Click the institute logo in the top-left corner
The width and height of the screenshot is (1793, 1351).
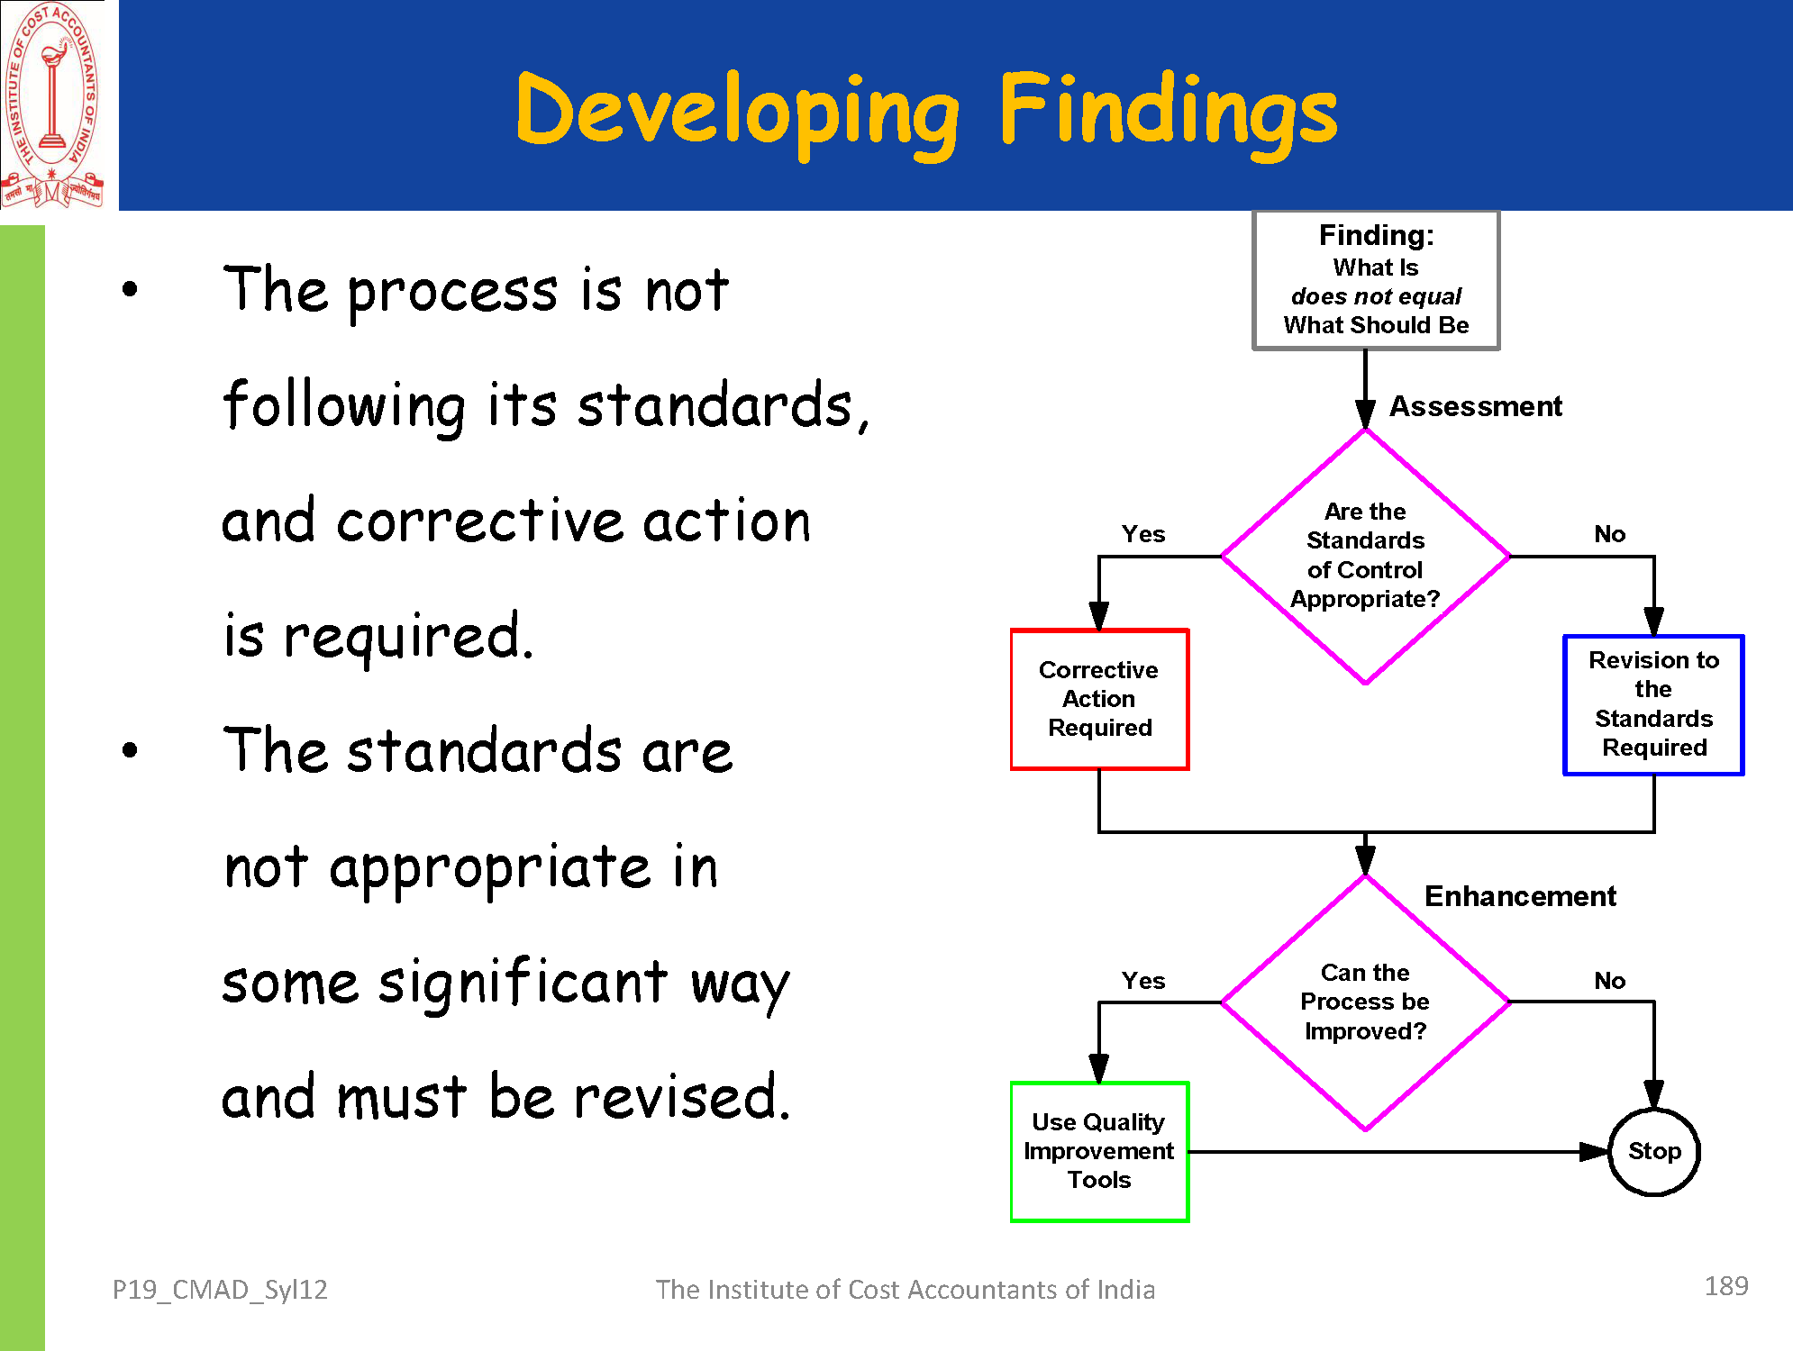(x=52, y=105)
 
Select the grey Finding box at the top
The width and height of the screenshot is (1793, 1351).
(x=1376, y=280)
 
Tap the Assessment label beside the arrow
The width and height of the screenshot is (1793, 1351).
(x=1475, y=406)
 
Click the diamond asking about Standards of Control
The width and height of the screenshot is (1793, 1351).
(x=1365, y=556)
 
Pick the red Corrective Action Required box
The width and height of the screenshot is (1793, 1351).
(x=1099, y=699)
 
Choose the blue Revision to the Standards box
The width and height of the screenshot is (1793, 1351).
(x=1653, y=704)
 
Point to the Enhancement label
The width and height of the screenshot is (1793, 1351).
(x=1520, y=896)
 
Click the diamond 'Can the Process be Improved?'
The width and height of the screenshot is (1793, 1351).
(x=1365, y=1002)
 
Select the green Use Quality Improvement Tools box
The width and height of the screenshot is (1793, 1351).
(x=1099, y=1151)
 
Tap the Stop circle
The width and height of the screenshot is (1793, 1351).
(x=1654, y=1151)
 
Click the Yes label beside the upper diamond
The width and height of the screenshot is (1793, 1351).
(x=1143, y=534)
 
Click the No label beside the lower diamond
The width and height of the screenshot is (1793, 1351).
(x=1609, y=981)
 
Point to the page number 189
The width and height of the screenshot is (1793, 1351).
(x=1725, y=1286)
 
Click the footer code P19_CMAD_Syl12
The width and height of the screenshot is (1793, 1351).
(x=220, y=1290)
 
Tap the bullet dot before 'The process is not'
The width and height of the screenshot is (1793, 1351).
(x=131, y=289)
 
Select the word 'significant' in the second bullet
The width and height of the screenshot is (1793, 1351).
(x=523, y=983)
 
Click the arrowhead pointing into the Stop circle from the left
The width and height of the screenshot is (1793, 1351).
(x=1594, y=1152)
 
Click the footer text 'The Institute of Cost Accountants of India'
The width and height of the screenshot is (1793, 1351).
(x=905, y=1290)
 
